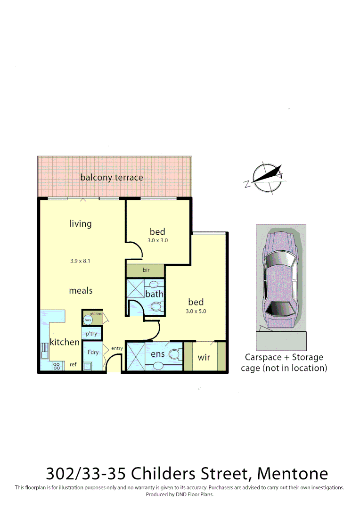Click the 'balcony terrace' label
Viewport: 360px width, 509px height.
[111, 178]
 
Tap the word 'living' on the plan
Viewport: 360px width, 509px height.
[81, 223]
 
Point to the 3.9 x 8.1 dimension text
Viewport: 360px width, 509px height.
[80, 261]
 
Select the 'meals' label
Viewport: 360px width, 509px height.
[81, 291]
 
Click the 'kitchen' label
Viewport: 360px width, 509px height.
[65, 342]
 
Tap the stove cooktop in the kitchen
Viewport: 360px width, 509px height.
[57, 365]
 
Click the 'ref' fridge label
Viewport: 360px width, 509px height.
[73, 364]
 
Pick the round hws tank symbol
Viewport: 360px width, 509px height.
[88, 320]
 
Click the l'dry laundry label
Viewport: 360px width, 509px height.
[92, 352]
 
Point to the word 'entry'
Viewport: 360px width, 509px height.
[117, 348]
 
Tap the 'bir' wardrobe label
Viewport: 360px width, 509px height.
[146, 271]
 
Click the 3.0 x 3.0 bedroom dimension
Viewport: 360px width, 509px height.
[157, 240]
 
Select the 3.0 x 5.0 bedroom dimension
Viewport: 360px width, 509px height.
[196, 311]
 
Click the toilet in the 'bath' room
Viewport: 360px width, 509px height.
[156, 307]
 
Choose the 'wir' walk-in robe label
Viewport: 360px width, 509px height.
[204, 357]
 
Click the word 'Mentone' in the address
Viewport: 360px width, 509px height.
[293, 473]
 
